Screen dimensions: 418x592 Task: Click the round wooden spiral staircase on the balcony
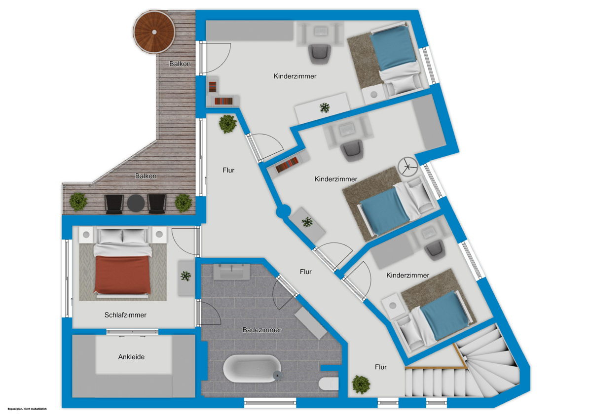pyautogui.click(x=155, y=32)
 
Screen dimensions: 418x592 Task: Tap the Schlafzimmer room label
pyautogui.click(x=125, y=315)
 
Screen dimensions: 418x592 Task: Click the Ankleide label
pyautogui.click(x=131, y=356)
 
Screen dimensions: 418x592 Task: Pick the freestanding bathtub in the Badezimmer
pyautogui.click(x=252, y=368)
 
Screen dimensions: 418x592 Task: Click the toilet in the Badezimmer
pyautogui.click(x=329, y=383)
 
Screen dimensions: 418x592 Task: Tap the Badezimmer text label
pyautogui.click(x=262, y=330)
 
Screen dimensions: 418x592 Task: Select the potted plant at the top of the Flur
pyautogui.click(x=227, y=124)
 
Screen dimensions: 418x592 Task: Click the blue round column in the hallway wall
pyautogui.click(x=283, y=212)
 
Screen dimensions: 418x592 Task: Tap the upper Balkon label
pyautogui.click(x=180, y=64)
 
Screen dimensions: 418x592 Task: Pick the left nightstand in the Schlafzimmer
pyautogui.click(x=86, y=235)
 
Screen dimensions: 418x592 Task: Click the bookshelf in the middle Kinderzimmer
pyautogui.click(x=288, y=165)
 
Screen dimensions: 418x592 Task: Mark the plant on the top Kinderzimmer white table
pyautogui.click(x=325, y=107)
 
